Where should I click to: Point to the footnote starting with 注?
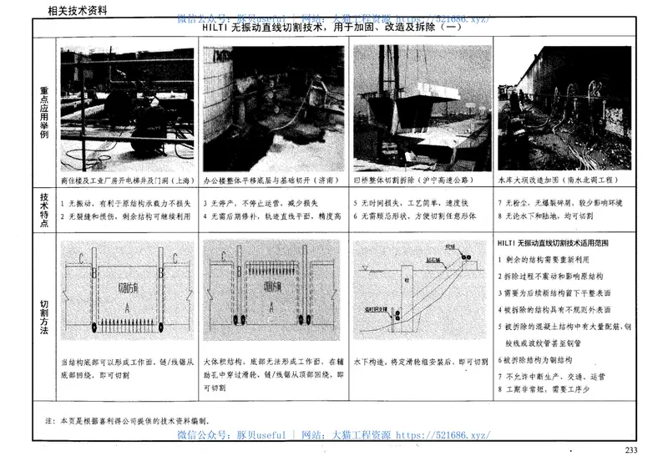134,421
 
